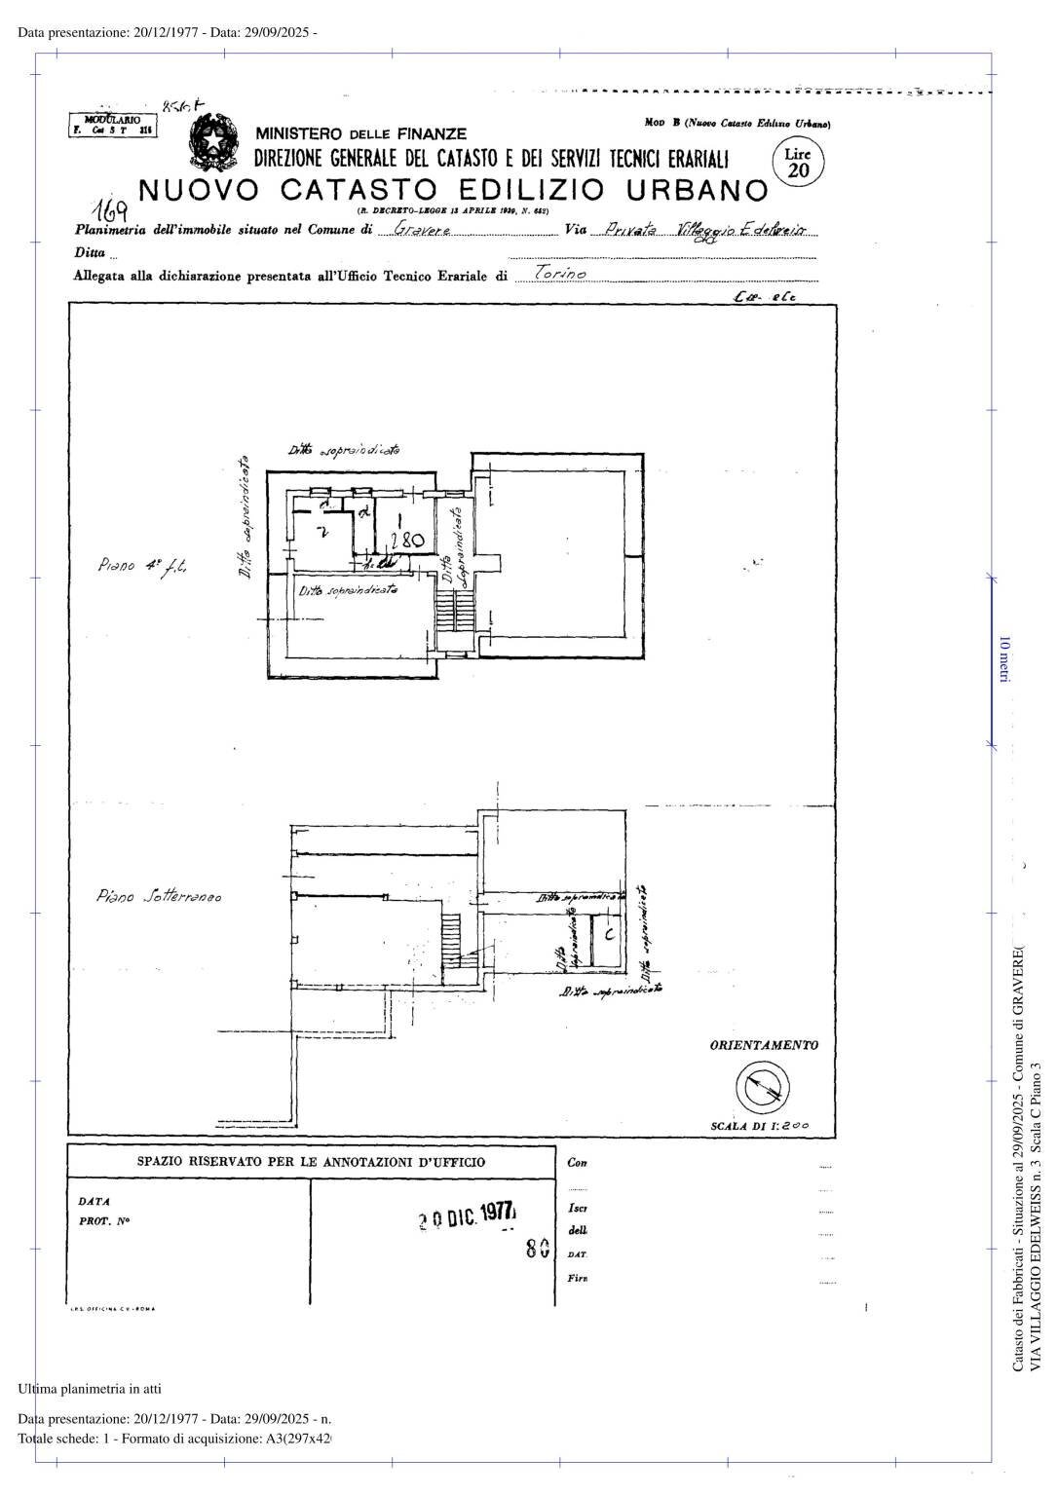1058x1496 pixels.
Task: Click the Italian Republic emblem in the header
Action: (x=213, y=142)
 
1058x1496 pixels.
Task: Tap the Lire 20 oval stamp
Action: (x=797, y=163)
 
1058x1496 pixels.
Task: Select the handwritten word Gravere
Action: (x=421, y=231)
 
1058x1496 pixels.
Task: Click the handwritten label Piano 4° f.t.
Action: (x=141, y=565)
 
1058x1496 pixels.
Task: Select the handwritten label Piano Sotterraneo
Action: (x=158, y=896)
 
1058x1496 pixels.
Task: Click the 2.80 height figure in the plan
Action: (x=406, y=541)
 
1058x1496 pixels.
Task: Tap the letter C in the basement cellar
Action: (x=609, y=935)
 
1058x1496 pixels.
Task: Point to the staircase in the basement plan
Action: (x=451, y=941)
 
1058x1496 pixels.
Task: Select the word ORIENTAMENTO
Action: (x=763, y=1045)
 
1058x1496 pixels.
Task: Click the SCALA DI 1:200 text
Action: (x=759, y=1126)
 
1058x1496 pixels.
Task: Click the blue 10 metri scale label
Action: (x=1004, y=659)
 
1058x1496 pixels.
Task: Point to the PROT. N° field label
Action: (x=103, y=1220)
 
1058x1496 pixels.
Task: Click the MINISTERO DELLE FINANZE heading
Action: (x=359, y=133)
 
